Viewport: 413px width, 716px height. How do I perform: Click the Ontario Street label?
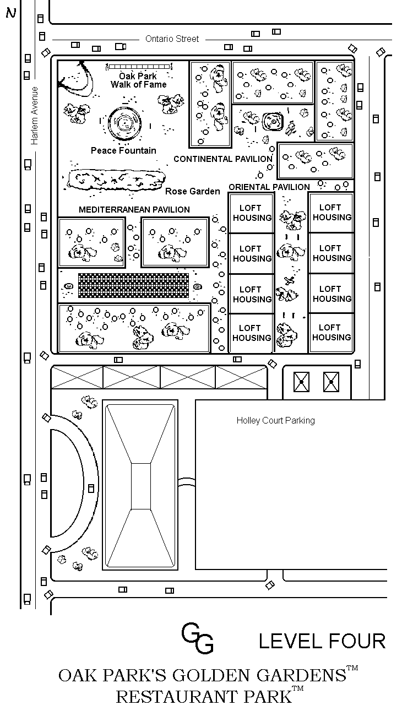click(172, 39)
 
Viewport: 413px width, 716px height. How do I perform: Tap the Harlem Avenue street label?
click(34, 116)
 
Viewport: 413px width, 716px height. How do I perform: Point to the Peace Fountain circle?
click(124, 123)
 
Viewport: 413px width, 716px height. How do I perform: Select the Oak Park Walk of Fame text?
click(138, 80)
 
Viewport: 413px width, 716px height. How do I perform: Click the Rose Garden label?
click(192, 191)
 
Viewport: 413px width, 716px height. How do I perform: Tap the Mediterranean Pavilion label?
click(134, 210)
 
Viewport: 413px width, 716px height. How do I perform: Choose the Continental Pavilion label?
click(223, 159)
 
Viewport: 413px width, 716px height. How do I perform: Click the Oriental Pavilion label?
click(269, 187)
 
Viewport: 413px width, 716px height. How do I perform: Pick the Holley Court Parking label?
click(275, 420)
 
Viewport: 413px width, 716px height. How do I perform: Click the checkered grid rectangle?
click(134, 285)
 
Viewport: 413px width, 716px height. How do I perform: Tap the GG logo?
click(197, 638)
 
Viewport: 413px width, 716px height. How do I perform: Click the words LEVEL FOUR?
click(322, 641)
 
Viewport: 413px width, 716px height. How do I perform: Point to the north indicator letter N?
click(11, 13)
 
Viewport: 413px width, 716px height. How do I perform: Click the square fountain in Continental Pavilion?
click(273, 122)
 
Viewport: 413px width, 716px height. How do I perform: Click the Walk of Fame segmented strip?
click(139, 67)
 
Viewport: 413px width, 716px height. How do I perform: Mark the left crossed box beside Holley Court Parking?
click(301, 382)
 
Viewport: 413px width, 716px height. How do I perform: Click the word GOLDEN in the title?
click(211, 675)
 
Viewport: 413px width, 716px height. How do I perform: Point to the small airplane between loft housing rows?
click(290, 281)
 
